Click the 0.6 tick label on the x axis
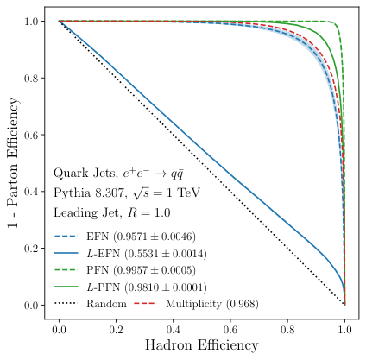pyautogui.click(x=230, y=330)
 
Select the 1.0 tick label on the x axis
pyautogui.click(x=344, y=330)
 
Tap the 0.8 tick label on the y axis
pyautogui.click(x=33, y=78)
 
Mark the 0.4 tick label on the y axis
pyautogui.click(x=33, y=192)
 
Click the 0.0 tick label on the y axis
pyautogui.click(x=33, y=305)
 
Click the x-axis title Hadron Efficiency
pyautogui.click(x=201, y=346)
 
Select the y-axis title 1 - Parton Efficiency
pyautogui.click(x=12, y=163)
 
